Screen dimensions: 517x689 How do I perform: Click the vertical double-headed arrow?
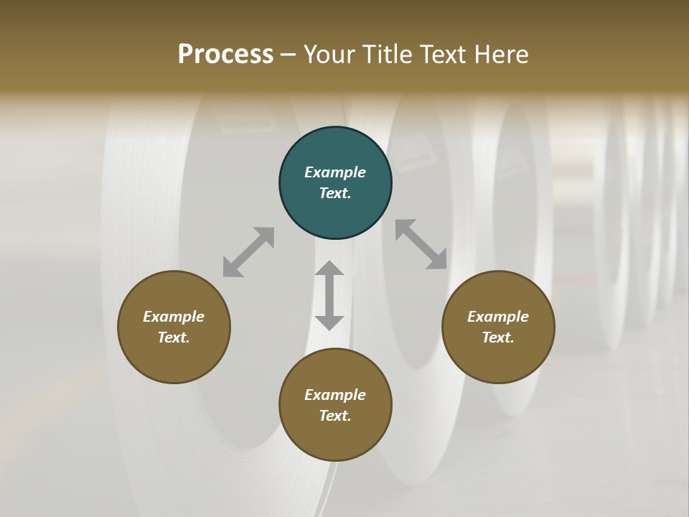[329, 295]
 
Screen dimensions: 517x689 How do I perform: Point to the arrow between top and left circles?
[248, 252]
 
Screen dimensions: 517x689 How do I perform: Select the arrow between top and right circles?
[421, 244]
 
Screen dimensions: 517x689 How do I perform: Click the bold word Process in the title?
[225, 55]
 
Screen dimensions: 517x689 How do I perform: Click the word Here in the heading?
[502, 55]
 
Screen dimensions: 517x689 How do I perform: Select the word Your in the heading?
[330, 55]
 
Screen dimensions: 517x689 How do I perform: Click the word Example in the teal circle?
[335, 172]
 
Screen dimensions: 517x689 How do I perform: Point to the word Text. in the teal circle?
[335, 193]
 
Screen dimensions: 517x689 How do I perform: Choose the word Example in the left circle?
[174, 317]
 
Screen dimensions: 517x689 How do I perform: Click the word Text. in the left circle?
[174, 337]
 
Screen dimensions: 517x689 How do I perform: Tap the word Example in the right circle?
[498, 317]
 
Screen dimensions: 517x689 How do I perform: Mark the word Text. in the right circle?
[498, 337]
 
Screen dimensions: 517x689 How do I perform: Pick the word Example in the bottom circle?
[335, 395]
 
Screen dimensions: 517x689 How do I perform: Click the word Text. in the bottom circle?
[335, 416]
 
